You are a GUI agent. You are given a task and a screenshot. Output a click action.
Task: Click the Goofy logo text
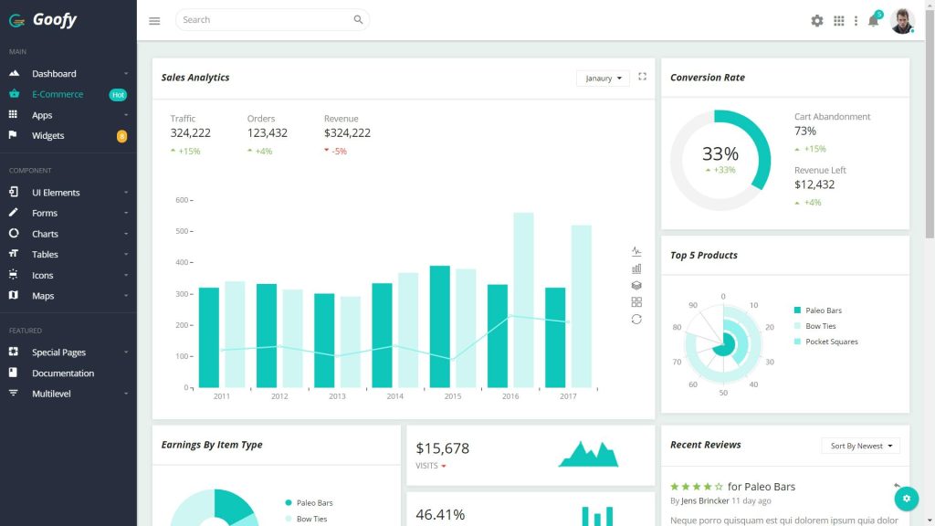pos(54,19)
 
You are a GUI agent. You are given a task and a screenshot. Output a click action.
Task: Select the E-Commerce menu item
pos(57,94)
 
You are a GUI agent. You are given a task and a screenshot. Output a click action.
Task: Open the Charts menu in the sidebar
pos(45,234)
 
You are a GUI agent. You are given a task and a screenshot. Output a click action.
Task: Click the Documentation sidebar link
pos(63,373)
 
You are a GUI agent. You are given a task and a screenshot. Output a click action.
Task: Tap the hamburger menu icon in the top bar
pos(154,20)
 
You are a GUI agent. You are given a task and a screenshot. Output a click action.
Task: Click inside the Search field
pos(265,20)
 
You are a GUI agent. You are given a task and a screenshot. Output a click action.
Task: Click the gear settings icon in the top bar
pos(817,20)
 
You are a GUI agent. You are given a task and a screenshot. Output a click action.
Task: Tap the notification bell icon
pos(873,21)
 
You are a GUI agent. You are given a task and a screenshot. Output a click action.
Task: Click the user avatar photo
pos(902,20)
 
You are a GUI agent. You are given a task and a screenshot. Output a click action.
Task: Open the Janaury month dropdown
pos(603,79)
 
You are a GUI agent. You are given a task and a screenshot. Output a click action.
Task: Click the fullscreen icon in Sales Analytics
pos(643,77)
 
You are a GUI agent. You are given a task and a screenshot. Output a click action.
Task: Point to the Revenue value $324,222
pos(347,133)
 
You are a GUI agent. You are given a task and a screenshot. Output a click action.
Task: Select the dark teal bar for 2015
pos(440,326)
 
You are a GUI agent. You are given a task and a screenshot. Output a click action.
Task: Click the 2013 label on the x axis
pos(337,396)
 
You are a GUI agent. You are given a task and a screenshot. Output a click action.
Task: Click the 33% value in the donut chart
pos(720,154)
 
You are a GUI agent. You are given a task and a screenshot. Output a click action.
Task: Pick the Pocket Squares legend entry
pos(831,342)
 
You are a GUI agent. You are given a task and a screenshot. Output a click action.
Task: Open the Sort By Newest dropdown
pos(860,446)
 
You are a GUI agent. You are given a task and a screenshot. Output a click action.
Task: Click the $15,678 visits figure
pos(443,448)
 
